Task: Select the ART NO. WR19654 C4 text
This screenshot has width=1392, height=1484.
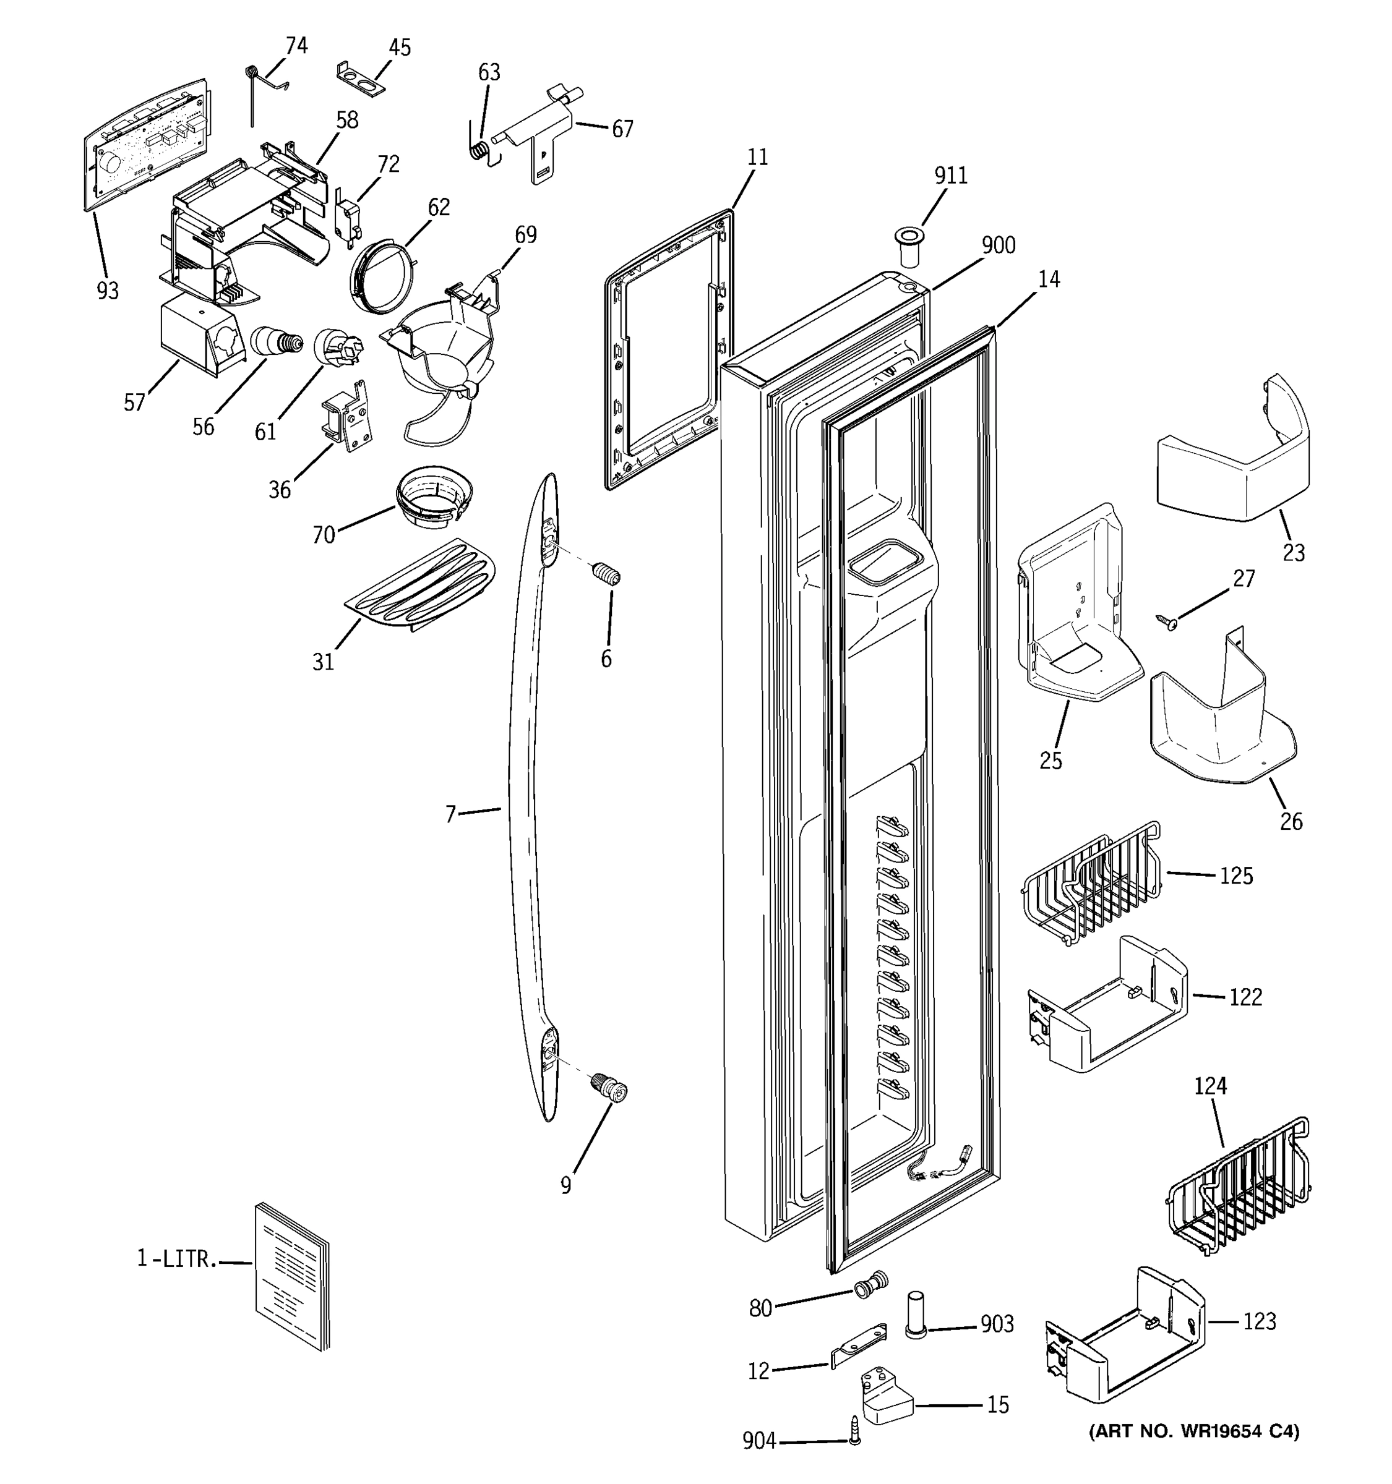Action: point(1194,1431)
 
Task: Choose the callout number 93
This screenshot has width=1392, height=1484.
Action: point(108,291)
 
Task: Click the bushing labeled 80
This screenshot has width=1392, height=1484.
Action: point(870,1286)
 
